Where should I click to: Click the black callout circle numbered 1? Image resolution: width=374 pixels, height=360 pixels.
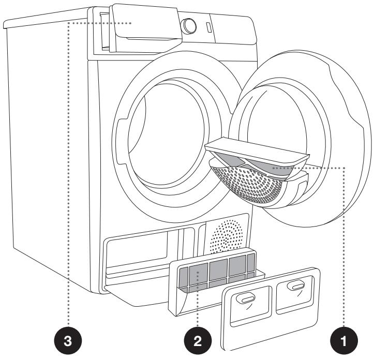(x=343, y=341)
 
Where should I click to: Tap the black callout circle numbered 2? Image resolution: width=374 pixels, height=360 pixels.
(x=198, y=341)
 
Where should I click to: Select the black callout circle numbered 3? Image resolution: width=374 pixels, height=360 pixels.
(x=68, y=341)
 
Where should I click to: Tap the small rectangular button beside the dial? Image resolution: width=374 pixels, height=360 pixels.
(x=208, y=27)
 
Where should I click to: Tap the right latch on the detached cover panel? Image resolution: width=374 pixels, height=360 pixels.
(x=297, y=286)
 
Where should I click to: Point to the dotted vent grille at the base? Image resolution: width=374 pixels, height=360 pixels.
(x=226, y=236)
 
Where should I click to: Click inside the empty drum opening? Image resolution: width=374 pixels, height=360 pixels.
(x=167, y=133)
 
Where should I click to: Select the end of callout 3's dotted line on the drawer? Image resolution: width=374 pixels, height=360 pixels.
(x=131, y=23)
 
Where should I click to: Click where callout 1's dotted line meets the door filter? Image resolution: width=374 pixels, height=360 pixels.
(x=274, y=168)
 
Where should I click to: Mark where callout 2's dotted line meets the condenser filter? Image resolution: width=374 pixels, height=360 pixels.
(x=198, y=272)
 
